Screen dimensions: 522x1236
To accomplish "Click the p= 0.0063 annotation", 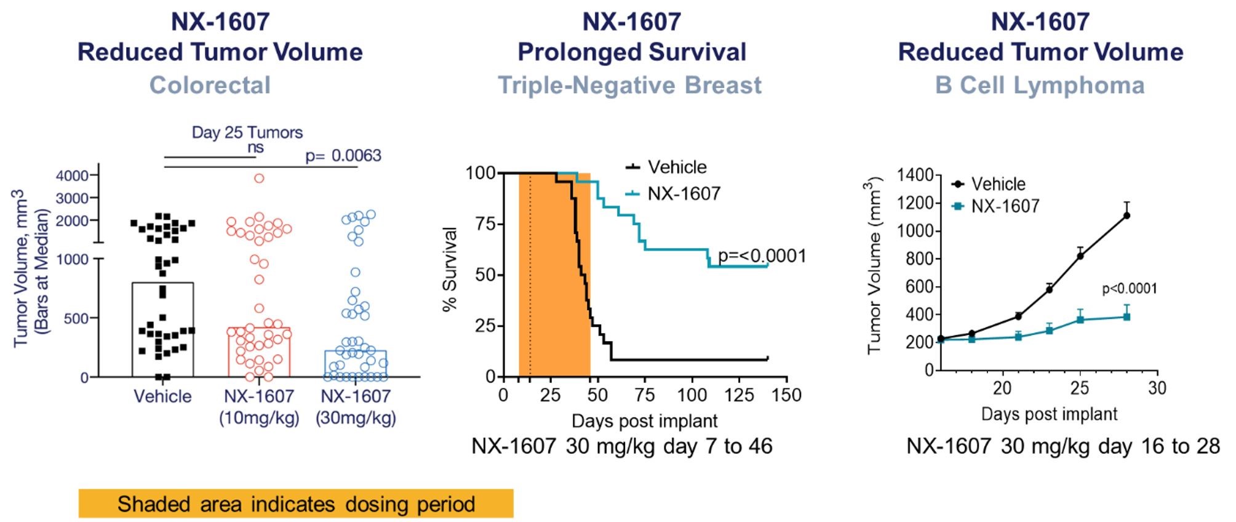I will pos(343,156).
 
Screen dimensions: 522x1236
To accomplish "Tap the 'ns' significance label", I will pos(255,148).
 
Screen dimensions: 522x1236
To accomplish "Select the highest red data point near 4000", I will pos(259,179).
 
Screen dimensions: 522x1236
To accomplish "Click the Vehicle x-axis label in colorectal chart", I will pos(162,396).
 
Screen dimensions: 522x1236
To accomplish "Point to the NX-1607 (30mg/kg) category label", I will pos(356,406).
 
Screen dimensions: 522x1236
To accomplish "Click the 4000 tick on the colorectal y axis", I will pos(72,176).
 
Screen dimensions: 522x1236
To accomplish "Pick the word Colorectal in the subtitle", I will pos(210,85).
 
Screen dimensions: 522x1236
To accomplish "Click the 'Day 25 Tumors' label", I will pos(247,132).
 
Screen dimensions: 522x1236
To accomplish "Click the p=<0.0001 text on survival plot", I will pos(762,256).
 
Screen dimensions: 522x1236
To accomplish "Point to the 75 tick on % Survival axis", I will pos(485,224).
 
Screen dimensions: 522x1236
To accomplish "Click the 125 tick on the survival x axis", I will pos(739,395).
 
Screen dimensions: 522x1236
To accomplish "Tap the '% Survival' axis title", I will pos(450,269).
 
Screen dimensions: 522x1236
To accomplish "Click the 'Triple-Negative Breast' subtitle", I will pos(629,85).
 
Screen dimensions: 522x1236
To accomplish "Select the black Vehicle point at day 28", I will pos(1126,215).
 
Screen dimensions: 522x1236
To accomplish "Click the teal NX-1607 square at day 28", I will pos(1126,317).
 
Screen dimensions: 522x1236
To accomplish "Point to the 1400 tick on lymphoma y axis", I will pos(915,175).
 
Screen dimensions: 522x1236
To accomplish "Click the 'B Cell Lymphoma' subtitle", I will pos(1040,85).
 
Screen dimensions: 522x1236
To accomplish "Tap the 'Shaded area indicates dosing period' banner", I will pos(296,504).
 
